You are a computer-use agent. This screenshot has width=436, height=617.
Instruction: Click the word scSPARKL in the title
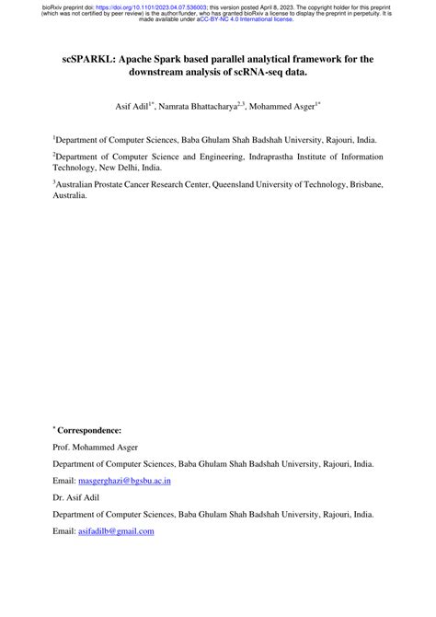(82, 60)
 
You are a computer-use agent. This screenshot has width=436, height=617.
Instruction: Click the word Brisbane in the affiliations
(360, 183)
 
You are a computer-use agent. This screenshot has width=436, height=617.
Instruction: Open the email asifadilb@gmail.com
(115, 532)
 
